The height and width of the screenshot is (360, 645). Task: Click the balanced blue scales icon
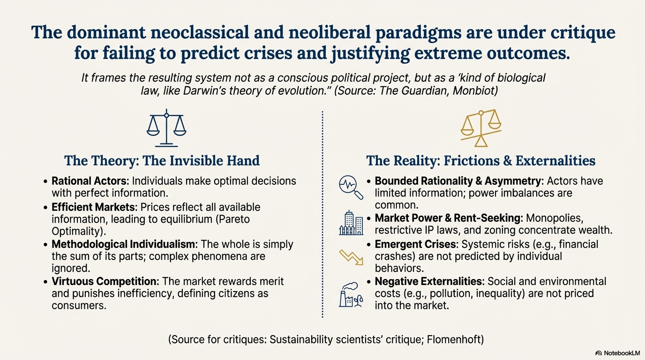pyautogui.click(x=166, y=128)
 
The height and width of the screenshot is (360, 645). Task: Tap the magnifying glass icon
pyautogui.click(x=351, y=187)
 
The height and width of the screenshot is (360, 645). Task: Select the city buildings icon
pyautogui.click(x=351, y=223)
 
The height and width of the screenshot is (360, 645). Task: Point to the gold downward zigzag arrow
pyautogui.click(x=351, y=257)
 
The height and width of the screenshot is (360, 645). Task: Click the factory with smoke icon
pyautogui.click(x=351, y=294)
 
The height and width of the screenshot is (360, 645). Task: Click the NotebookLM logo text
pyautogui.click(x=622, y=353)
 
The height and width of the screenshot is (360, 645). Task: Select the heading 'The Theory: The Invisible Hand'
pyautogui.click(x=162, y=161)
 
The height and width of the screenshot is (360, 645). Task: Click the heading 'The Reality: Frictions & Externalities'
pyautogui.click(x=480, y=161)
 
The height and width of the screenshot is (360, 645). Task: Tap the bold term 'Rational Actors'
pyautogui.click(x=90, y=181)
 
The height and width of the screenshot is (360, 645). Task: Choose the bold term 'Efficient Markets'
pyautogui.click(x=93, y=207)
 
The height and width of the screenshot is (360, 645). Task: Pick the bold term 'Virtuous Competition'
pyautogui.click(x=105, y=281)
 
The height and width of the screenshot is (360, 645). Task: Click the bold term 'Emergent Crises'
pyautogui.click(x=416, y=244)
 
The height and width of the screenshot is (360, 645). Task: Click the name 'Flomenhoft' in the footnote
pyautogui.click(x=455, y=339)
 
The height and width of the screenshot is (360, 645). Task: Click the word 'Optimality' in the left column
pyautogui.click(x=77, y=231)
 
